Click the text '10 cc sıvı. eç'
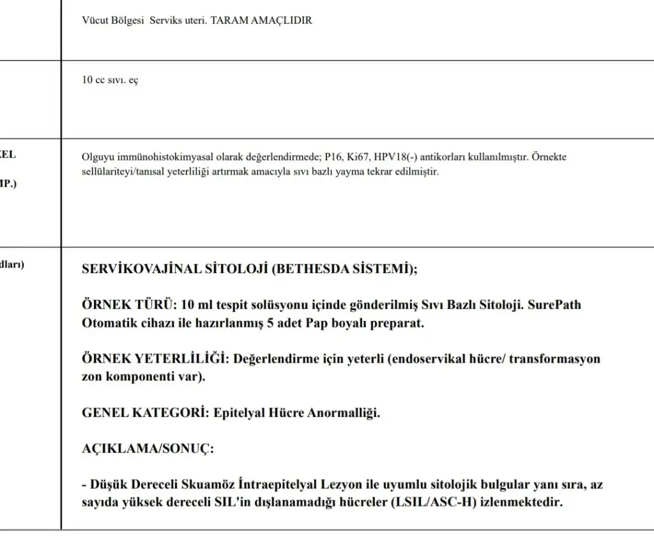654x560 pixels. coord(110,81)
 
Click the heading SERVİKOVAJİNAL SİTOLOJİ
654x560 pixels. coord(175,269)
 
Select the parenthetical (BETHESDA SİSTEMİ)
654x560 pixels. coord(345,269)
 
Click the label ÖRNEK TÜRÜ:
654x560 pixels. coord(129,305)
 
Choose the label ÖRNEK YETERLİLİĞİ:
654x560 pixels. coord(156,359)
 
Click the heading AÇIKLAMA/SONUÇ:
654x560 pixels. coord(148,448)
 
